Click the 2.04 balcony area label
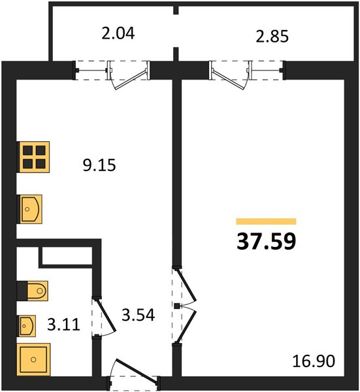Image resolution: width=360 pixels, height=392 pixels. point(118,33)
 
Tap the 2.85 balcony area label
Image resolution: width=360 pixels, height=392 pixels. point(272,36)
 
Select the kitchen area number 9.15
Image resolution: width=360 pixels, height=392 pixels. point(99,165)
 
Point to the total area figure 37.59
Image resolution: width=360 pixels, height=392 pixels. point(267,242)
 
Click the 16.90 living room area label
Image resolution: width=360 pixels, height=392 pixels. point(314,361)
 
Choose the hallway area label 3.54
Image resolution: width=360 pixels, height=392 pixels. point(139,314)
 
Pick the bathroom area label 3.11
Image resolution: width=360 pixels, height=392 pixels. point(64,325)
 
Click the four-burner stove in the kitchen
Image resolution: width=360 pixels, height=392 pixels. point(33,157)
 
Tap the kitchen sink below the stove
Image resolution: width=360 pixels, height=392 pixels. point(29,209)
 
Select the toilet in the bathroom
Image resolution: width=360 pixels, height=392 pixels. point(32,291)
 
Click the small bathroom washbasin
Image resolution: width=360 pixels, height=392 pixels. point(26,326)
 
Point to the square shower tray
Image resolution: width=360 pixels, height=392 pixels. point(33,359)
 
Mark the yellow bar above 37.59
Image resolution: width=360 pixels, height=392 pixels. point(267,221)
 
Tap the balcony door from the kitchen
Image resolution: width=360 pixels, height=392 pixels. point(130,80)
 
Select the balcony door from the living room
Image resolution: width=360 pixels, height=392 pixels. point(228,80)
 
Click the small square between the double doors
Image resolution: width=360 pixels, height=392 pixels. point(177,306)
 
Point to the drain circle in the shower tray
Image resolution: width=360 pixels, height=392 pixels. point(33,359)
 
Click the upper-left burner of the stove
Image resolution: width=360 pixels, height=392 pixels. point(27,151)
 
